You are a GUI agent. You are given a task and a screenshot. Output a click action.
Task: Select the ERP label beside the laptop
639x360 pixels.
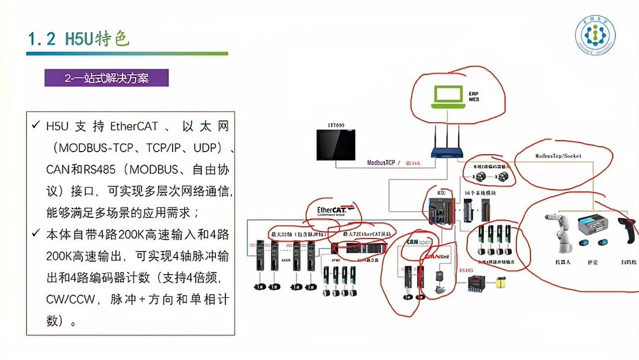[473, 94]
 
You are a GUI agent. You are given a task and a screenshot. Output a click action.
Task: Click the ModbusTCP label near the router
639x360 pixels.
[380, 163]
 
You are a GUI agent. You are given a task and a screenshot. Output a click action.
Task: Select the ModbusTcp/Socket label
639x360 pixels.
[558, 156]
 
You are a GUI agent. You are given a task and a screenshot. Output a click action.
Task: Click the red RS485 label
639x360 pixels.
[466, 270]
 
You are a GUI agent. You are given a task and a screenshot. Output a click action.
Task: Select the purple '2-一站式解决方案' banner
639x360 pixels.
[106, 78]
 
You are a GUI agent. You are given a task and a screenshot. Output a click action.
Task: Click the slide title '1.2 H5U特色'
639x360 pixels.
[78, 39]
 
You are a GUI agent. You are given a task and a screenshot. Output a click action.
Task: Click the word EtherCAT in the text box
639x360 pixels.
[134, 126]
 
